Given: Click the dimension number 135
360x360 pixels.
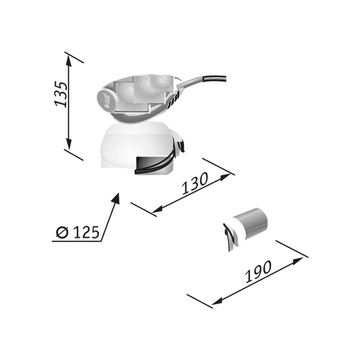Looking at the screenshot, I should click(x=61, y=93).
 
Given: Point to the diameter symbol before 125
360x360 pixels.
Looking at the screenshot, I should click(x=61, y=232).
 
